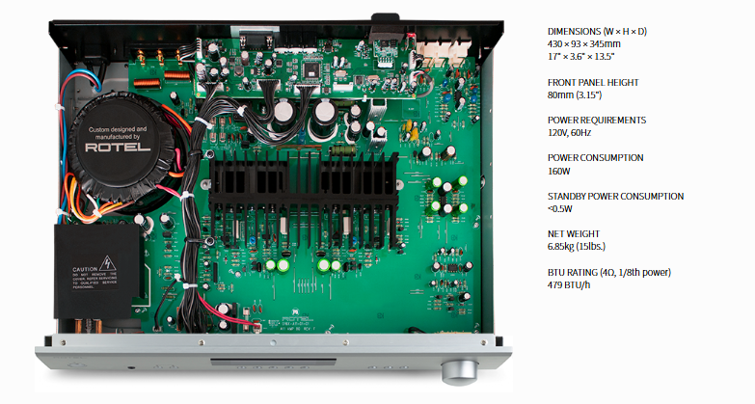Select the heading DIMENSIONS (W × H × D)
[x=595, y=31]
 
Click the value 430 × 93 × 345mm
[x=584, y=44]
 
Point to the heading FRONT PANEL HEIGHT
[x=592, y=83]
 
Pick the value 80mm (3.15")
[x=575, y=96]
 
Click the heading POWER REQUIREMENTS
[x=596, y=121]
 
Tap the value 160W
[x=561, y=172]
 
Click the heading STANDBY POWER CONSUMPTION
[x=615, y=196]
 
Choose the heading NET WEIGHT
[x=573, y=233]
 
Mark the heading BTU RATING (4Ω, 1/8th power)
[x=609, y=272]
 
